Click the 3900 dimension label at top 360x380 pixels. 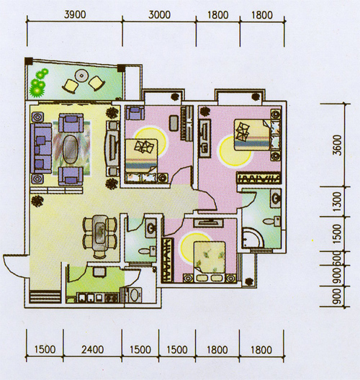click(75, 15)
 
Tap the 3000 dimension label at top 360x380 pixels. click(159, 15)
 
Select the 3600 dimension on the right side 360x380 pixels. click(337, 145)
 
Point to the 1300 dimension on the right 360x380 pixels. click(337, 202)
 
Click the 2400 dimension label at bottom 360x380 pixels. click(92, 350)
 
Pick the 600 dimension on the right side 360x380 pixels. click(337, 258)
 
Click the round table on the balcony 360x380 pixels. click(81, 76)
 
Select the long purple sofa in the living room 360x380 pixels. click(41, 148)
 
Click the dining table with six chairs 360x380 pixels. click(99, 235)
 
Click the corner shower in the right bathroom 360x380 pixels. click(253, 238)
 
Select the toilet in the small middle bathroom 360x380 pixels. click(147, 250)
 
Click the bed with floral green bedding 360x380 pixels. click(210, 261)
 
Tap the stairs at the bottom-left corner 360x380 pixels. click(45, 297)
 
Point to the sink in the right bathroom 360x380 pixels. click(276, 199)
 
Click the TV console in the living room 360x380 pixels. click(112, 148)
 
